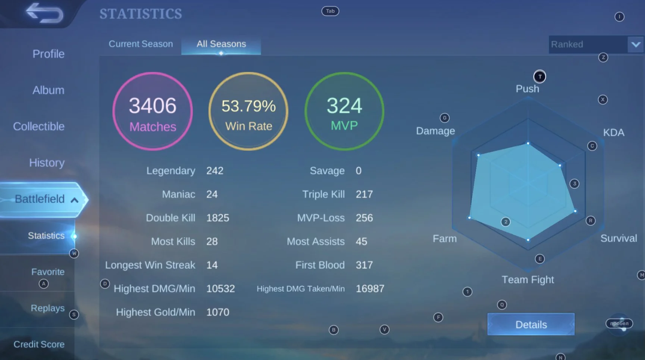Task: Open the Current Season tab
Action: click(141, 44)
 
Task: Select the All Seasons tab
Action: click(221, 44)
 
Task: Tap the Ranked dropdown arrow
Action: click(636, 44)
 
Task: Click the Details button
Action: click(531, 325)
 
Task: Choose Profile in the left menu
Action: click(48, 54)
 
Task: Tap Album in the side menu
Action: click(48, 90)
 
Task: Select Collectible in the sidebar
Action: click(39, 126)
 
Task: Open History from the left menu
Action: click(47, 163)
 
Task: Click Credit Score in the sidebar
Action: click(39, 344)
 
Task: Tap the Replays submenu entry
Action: click(48, 308)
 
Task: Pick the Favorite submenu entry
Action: click(48, 272)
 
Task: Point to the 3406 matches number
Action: click(153, 106)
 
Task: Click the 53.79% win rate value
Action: click(248, 106)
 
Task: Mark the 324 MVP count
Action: click(344, 106)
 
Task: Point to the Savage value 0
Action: click(358, 171)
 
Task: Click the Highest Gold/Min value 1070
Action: click(218, 312)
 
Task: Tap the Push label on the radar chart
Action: click(527, 89)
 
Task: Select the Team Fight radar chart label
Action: click(527, 280)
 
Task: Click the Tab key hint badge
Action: click(330, 11)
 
